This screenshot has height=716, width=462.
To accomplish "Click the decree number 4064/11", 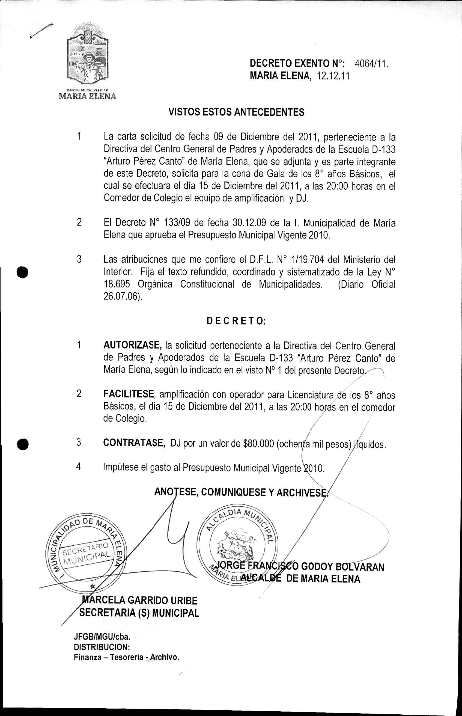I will [x=371, y=64].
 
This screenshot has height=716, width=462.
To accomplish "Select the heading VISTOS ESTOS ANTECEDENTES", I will [x=236, y=112].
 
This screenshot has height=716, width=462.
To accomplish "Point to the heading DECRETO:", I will [x=236, y=321].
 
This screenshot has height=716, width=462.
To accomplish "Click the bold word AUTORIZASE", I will [x=132, y=345].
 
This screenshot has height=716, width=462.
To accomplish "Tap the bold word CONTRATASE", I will [x=134, y=443].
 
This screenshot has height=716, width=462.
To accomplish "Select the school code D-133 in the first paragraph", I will [x=381, y=149].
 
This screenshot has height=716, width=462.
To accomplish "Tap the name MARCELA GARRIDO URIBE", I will [x=139, y=601].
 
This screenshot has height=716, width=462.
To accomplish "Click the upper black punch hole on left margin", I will [x=23, y=272].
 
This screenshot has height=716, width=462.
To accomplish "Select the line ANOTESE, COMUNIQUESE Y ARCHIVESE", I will [x=241, y=492].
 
